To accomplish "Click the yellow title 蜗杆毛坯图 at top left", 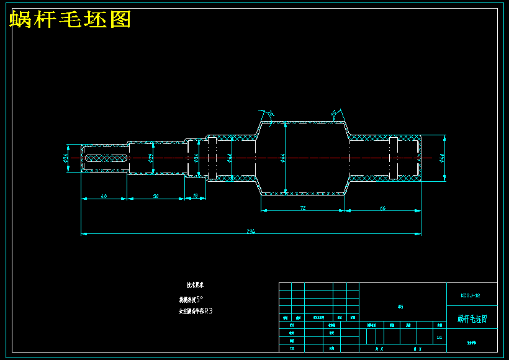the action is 70,20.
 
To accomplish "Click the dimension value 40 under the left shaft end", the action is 104,196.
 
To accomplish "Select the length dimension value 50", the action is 156,196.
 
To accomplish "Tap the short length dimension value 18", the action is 196,196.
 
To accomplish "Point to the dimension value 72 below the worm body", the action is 302,208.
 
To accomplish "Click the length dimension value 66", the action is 382,208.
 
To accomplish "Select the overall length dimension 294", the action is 251,232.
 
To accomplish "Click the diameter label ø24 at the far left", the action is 66,158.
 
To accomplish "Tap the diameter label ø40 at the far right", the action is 441,158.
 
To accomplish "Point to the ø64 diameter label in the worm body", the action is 283,158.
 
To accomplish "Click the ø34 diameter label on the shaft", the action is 196,158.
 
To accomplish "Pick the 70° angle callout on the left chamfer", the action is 270,114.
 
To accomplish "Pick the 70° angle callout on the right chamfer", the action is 334,114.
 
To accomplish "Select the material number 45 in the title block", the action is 400,307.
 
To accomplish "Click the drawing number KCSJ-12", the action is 471,295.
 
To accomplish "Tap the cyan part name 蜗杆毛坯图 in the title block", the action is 472,318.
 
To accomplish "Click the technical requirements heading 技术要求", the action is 196,286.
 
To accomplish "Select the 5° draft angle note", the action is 198,299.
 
